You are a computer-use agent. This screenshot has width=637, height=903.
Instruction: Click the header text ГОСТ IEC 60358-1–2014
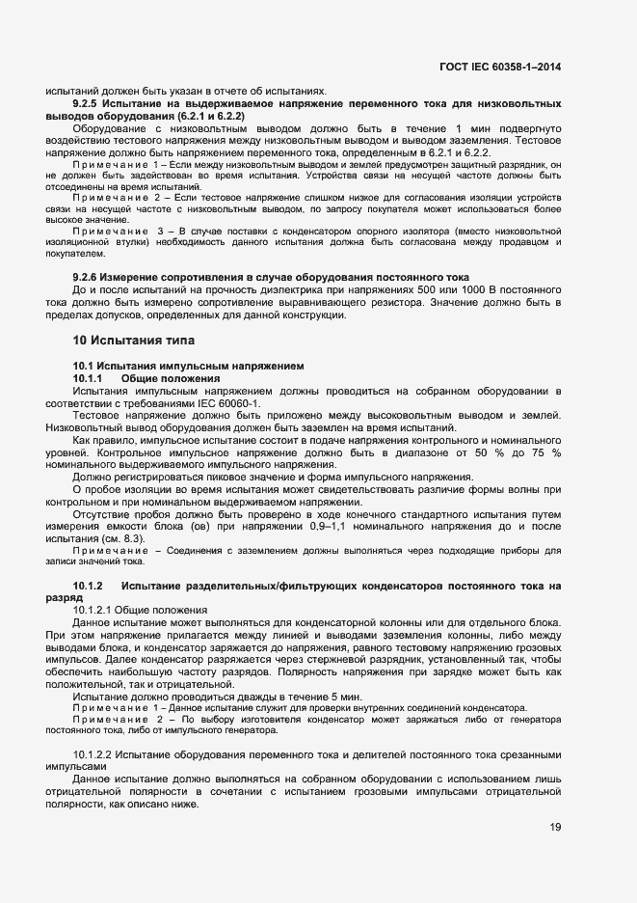pos(501,67)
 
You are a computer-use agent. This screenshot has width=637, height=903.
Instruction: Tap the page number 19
pos(556,827)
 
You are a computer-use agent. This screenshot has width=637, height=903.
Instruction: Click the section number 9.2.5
pos(92,102)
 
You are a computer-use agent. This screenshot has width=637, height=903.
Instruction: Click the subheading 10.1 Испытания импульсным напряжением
pos(189,366)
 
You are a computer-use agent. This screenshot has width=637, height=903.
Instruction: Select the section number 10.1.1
pos(90,377)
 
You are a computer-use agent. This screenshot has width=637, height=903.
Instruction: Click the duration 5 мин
pos(320,696)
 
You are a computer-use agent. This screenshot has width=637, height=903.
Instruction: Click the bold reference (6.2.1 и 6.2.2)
pos(196,115)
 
